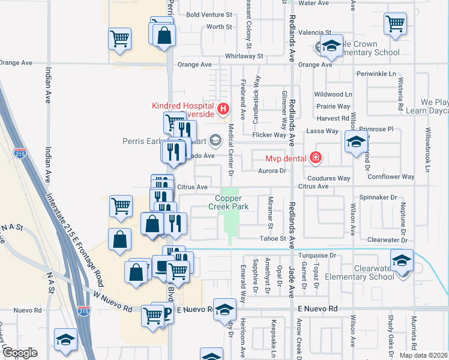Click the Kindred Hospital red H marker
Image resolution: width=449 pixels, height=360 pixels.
point(223,109)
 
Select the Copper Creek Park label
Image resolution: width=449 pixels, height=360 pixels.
point(228,202)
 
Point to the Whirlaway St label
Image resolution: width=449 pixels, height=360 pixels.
point(244,56)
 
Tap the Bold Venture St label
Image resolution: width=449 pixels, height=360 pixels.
point(209,14)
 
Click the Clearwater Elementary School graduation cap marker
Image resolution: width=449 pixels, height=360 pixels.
point(401,260)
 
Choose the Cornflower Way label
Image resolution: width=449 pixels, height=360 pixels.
point(391,177)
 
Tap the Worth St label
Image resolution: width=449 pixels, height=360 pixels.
point(218,27)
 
